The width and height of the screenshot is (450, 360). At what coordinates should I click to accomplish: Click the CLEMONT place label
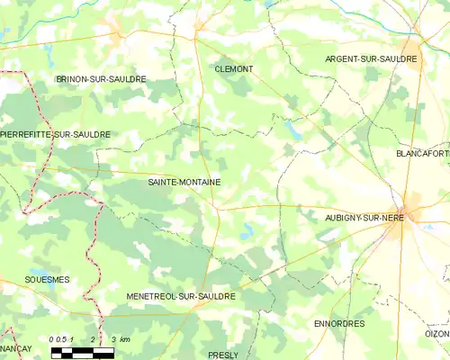233,69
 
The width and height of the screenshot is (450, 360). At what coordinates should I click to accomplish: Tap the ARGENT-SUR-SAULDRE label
372,58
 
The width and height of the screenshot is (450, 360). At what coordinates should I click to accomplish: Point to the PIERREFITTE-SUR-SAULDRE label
56,134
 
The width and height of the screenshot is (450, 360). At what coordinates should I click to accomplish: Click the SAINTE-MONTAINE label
184,182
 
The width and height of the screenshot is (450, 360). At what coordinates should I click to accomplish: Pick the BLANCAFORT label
422,154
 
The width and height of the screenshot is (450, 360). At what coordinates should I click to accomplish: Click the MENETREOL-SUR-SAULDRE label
181,295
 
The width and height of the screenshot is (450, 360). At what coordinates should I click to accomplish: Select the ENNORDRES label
340,323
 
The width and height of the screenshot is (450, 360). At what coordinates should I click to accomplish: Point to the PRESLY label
222,355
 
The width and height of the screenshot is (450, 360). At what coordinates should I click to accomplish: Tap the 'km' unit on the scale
125,339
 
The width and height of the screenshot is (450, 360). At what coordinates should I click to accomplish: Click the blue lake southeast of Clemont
293,131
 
